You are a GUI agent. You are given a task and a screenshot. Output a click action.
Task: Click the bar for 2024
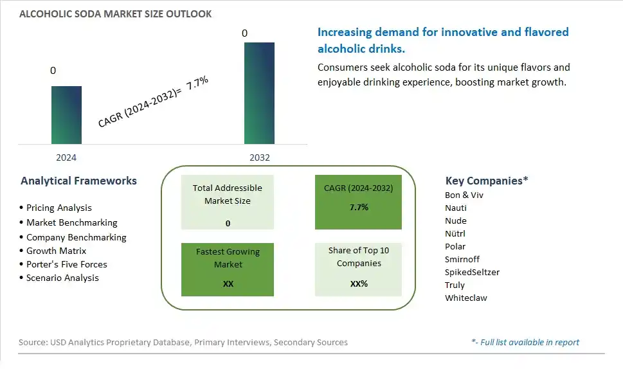pyautogui.click(x=66, y=115)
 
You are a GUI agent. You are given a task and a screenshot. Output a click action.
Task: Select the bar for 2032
pyautogui.click(x=259, y=93)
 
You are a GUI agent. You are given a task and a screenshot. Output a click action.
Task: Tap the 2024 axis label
pyautogui.click(x=66, y=157)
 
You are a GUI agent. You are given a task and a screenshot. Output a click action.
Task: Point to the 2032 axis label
pyautogui.click(x=260, y=157)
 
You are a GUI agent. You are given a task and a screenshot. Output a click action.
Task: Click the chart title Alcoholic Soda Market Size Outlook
pyautogui.click(x=115, y=14)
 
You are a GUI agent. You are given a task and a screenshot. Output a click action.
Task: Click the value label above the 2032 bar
pyautogui.click(x=244, y=33)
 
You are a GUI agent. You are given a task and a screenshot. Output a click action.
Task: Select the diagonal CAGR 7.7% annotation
pyautogui.click(x=153, y=102)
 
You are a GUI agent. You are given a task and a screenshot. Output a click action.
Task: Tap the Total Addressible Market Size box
pyautogui.click(x=227, y=202)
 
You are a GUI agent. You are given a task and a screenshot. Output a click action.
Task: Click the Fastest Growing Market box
pyautogui.click(x=227, y=270)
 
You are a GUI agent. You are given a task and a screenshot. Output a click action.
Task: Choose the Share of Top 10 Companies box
pyautogui.click(x=358, y=270)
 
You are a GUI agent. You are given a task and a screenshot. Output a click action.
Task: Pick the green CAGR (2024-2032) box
pyautogui.click(x=358, y=202)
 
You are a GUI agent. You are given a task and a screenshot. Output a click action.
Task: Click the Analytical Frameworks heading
pyautogui.click(x=78, y=181)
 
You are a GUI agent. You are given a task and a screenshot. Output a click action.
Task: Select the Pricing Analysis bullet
pyautogui.click(x=59, y=208)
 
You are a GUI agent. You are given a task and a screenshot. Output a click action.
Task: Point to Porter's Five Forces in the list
pyautogui.click(x=66, y=264)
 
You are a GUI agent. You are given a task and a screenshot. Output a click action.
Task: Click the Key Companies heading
pyautogui.click(x=486, y=181)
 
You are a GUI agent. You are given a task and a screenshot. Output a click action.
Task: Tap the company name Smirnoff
pyautogui.click(x=462, y=259)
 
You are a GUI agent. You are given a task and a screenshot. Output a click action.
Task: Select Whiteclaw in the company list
pyautogui.click(x=465, y=298)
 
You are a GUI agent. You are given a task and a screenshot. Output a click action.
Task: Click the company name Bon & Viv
pyautogui.click(x=464, y=195)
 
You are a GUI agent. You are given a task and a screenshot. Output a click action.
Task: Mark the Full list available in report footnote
pyautogui.click(x=525, y=343)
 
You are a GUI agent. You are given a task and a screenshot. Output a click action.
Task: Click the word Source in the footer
pyautogui.click(x=33, y=343)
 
